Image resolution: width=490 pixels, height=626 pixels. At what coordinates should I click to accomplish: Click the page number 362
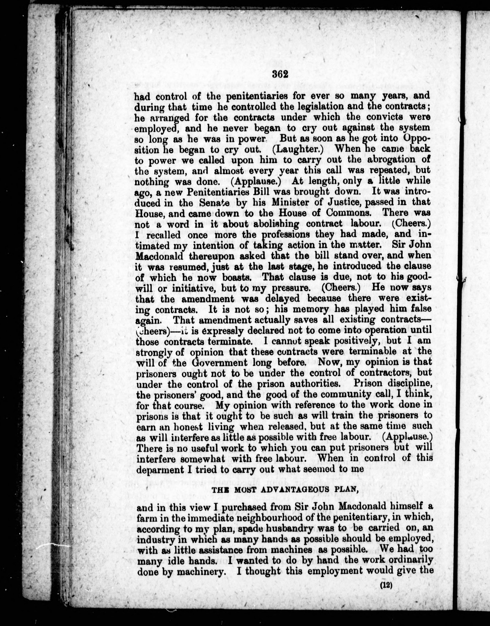[x=280, y=75]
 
